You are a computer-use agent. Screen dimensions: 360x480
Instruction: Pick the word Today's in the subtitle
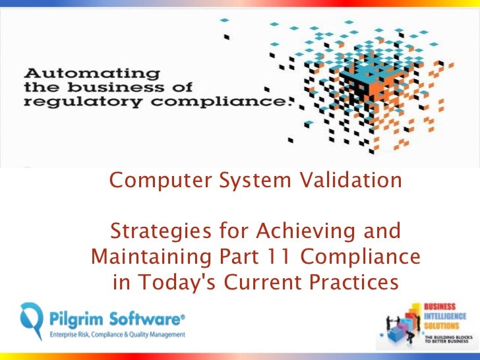(181, 282)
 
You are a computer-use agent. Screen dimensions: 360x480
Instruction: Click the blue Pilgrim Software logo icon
(31, 323)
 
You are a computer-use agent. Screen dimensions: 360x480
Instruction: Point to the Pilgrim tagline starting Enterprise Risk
(117, 335)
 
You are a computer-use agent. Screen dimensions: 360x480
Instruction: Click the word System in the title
(243, 179)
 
